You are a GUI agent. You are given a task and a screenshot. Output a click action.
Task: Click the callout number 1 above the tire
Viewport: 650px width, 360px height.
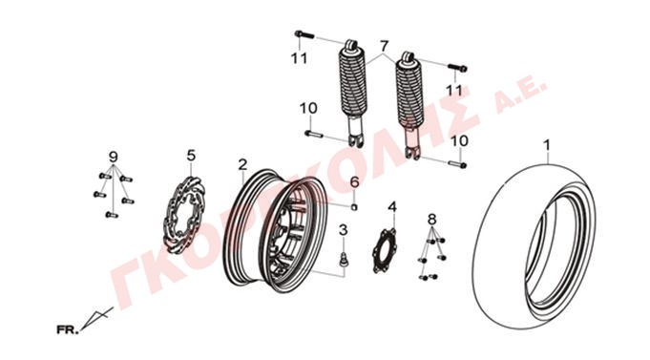pos(547,145)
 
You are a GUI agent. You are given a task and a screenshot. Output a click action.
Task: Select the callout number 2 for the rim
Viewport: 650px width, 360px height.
pos(242,164)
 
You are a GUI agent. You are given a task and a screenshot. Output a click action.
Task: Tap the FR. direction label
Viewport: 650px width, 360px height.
pos(67,330)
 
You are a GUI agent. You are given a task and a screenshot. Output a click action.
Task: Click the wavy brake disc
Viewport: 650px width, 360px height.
pos(181,215)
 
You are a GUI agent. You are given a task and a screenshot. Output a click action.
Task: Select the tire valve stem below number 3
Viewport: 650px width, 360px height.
pos(344,259)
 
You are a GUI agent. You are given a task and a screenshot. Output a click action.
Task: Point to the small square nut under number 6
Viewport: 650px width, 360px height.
pos(354,207)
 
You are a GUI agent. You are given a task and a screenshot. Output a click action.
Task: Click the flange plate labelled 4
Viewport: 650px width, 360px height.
pos(384,251)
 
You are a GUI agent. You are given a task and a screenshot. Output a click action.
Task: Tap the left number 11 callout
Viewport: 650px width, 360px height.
pos(300,58)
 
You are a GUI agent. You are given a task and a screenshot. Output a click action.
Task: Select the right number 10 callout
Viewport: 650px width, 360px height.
pos(459,140)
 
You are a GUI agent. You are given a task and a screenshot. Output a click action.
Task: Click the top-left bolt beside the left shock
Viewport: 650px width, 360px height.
pos(304,34)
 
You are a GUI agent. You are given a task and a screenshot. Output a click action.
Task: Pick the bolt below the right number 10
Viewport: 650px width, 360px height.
pos(457,164)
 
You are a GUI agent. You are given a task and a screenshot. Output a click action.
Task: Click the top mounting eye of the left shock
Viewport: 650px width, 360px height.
pos(350,45)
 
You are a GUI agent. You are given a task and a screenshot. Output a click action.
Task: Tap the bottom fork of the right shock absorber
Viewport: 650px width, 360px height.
pos(412,152)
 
